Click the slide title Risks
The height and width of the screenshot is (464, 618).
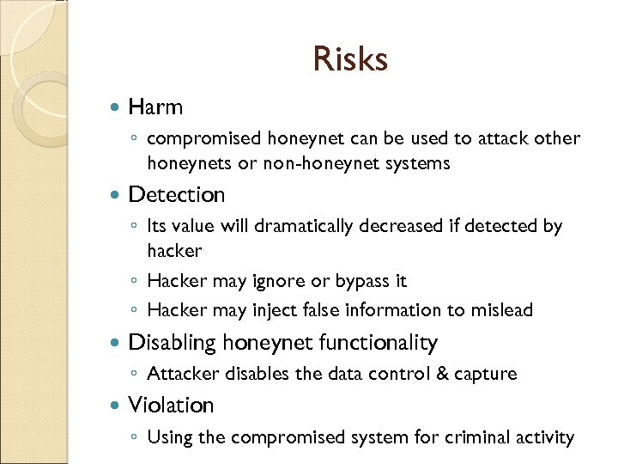point(350,59)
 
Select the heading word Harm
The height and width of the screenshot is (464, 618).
point(155,107)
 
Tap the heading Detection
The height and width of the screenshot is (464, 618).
point(176,195)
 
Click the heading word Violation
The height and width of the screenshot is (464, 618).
point(171,405)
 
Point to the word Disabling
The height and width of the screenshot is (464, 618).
point(172,343)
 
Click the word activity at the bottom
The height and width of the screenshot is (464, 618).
point(542,437)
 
